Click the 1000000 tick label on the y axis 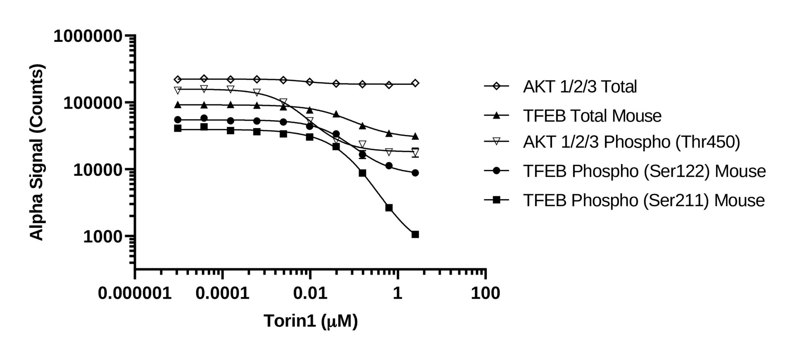click(x=88, y=36)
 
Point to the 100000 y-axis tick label click(x=93, y=103)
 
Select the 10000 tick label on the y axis click(x=98, y=170)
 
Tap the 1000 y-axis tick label click(x=103, y=237)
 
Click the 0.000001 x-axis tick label click(x=135, y=293)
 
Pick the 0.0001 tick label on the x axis click(x=222, y=293)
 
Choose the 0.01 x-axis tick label click(x=310, y=293)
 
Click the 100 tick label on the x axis click(x=485, y=293)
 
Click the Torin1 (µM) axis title click(x=311, y=321)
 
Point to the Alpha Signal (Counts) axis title click(x=37, y=152)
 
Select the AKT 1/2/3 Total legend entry click(x=580, y=87)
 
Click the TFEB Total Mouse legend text click(x=592, y=116)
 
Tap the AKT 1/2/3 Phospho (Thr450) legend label click(x=631, y=142)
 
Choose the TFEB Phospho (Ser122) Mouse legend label click(x=644, y=171)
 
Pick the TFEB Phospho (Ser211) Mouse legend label click(x=644, y=200)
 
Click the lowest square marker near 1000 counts click(x=415, y=234)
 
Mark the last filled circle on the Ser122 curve click(x=415, y=173)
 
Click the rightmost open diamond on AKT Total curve click(x=415, y=83)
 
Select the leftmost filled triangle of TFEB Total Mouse click(x=178, y=104)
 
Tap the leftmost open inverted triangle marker click(x=178, y=90)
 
